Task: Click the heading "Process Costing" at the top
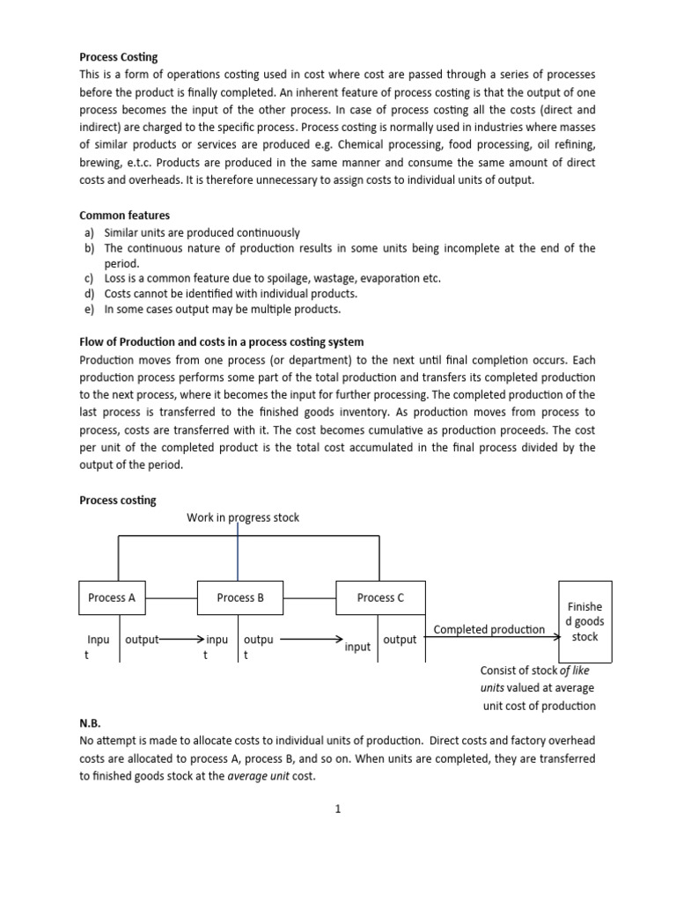point(118,57)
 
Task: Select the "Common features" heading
point(124,215)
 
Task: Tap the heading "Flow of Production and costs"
point(221,341)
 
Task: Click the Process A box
point(113,597)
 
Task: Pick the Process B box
point(240,597)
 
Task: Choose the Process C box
point(380,597)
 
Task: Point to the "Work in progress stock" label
point(242,517)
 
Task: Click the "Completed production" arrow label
point(489,629)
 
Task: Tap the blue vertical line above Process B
point(238,551)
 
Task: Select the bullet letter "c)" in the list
point(89,278)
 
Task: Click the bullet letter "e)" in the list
point(89,310)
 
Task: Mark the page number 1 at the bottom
point(337,810)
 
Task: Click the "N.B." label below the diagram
point(91,722)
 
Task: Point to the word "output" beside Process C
point(400,640)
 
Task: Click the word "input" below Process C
point(357,647)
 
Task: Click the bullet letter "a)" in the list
point(89,233)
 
